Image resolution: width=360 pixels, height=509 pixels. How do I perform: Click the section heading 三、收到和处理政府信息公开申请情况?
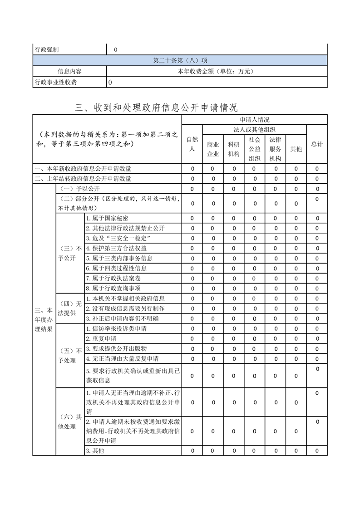(x=156, y=108)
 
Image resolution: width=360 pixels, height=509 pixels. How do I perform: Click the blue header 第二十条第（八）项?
(x=180, y=60)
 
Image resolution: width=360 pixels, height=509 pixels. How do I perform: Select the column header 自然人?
(x=192, y=144)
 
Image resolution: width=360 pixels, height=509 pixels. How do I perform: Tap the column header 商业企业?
(x=213, y=149)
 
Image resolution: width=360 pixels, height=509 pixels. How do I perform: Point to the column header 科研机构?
(x=234, y=149)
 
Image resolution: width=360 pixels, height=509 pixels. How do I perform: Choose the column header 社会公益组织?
(x=254, y=149)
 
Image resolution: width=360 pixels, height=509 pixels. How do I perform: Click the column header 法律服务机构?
(x=275, y=149)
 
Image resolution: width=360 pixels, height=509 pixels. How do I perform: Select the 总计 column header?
(x=317, y=144)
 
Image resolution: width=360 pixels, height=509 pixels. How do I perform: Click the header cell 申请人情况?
(x=254, y=120)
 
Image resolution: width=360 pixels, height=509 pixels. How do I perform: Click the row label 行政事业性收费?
(x=56, y=82)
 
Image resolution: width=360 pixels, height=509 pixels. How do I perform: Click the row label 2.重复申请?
(x=101, y=338)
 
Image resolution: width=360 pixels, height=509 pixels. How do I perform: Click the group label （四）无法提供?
(x=70, y=308)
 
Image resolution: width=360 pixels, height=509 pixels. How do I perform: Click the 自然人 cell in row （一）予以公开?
(x=192, y=189)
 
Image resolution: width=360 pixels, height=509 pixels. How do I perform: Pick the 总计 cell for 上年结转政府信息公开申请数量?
(x=317, y=179)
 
